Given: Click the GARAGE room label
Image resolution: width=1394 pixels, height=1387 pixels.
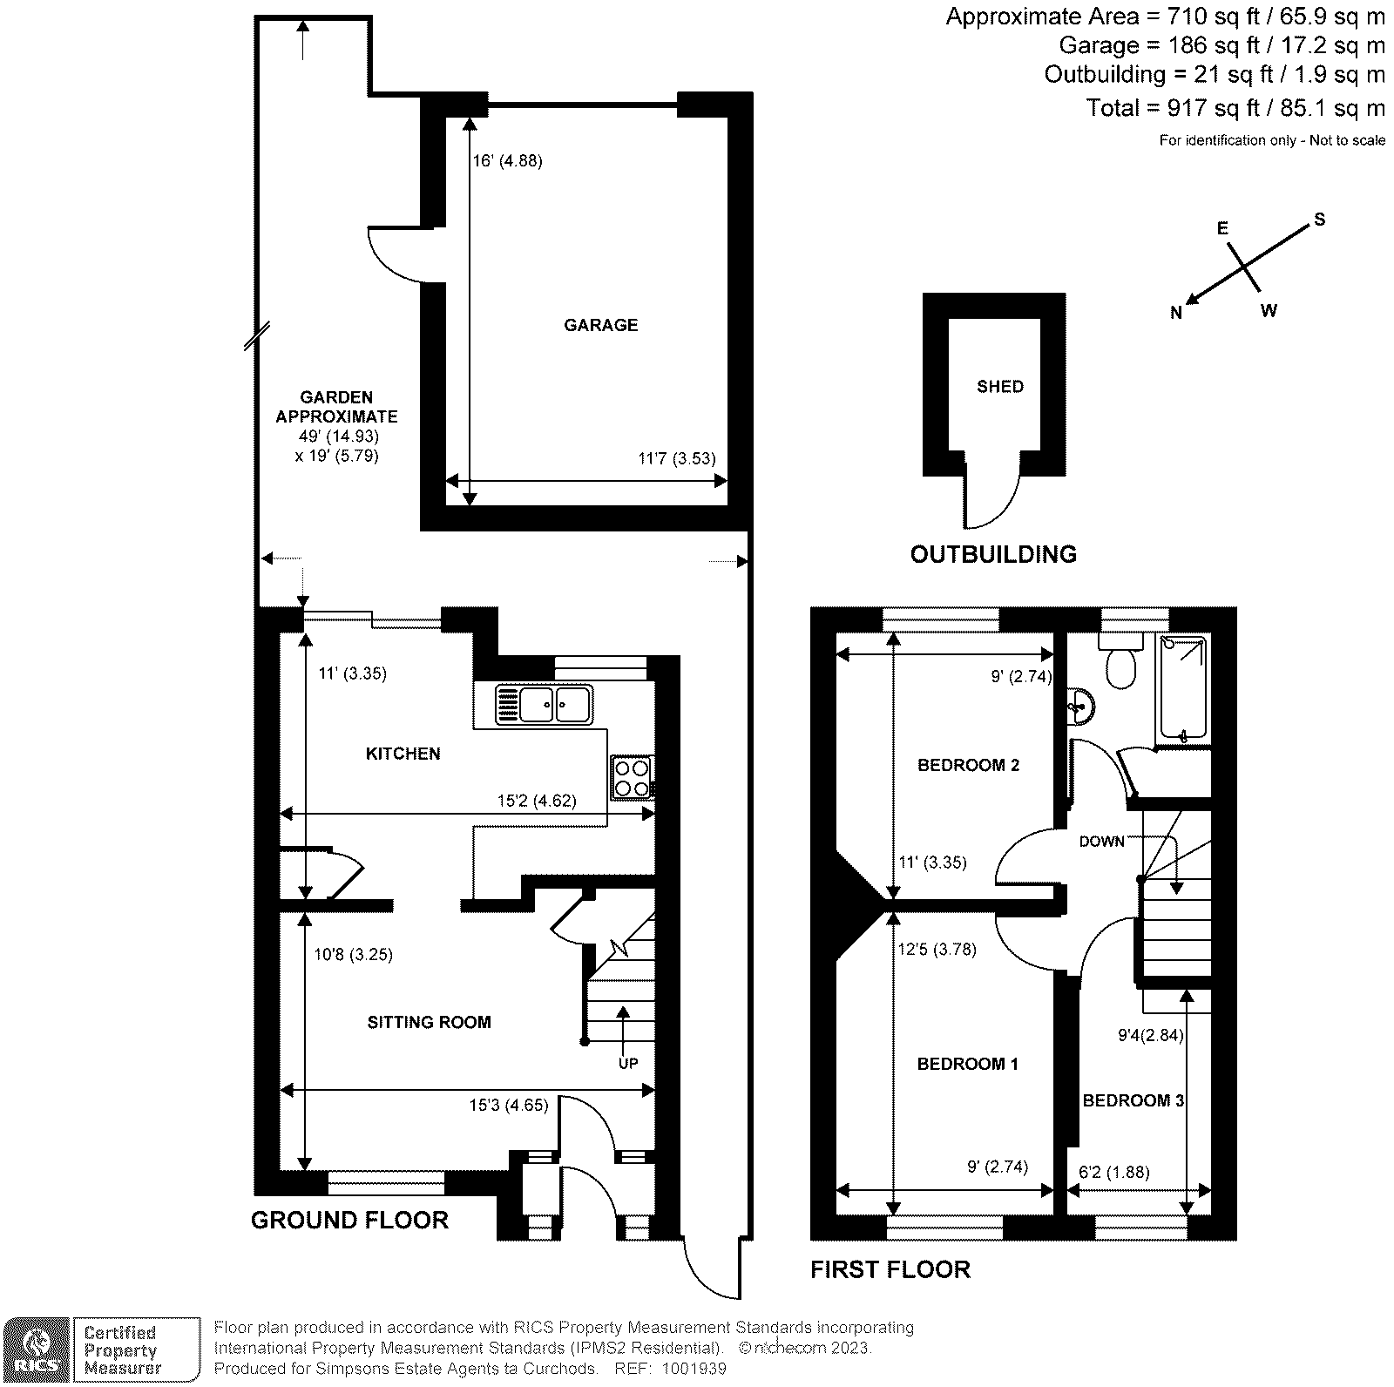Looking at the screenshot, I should [x=600, y=325].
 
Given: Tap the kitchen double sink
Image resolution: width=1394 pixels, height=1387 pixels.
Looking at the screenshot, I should [x=544, y=703].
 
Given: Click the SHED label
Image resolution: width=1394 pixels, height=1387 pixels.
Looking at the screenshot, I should [x=999, y=386].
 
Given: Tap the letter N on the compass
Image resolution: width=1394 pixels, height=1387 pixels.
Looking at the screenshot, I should [x=1175, y=314].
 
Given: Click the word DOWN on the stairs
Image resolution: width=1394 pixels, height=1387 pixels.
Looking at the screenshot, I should [x=1101, y=841].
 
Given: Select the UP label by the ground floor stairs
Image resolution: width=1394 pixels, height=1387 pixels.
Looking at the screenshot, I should [x=627, y=1063].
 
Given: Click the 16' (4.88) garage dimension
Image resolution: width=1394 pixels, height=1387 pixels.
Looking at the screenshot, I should [x=508, y=160].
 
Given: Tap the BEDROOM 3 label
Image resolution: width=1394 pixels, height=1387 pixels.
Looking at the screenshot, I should [x=1133, y=1100].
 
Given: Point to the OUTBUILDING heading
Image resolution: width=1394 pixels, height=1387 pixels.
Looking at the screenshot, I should [x=993, y=554].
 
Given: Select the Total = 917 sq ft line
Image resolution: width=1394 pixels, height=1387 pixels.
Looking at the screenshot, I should [x=1235, y=108].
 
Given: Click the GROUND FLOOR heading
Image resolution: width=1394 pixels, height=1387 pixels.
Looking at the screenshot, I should [x=349, y=1220].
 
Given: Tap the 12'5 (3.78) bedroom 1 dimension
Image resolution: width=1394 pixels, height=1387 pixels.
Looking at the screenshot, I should [x=937, y=949].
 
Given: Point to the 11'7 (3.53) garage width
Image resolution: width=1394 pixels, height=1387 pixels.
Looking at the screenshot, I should [x=677, y=458].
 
